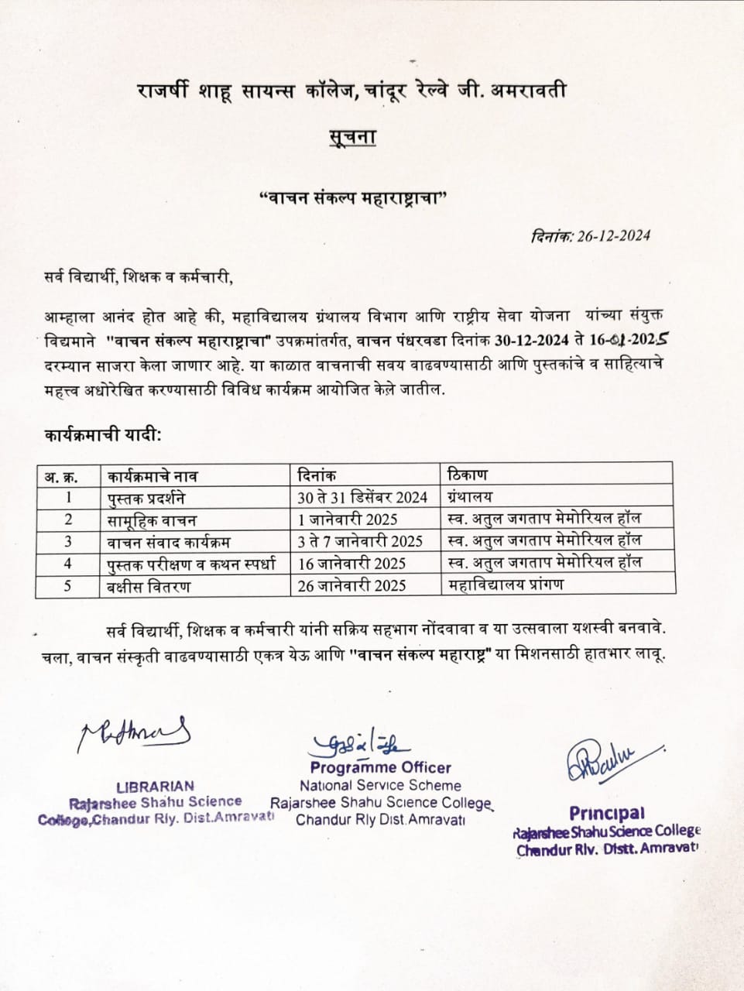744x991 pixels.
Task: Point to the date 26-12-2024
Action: point(613,236)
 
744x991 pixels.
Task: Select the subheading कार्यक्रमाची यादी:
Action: point(103,435)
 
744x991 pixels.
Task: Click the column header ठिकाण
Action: point(468,474)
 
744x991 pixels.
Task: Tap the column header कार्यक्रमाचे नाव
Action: point(153,475)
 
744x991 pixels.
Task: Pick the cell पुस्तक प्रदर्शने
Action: point(146,497)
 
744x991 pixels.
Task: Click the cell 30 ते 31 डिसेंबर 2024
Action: point(362,497)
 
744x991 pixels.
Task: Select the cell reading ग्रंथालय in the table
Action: point(471,496)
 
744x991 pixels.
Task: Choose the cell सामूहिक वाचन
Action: point(152,520)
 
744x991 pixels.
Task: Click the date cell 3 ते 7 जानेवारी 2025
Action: point(360,541)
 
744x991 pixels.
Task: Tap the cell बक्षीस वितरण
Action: point(149,586)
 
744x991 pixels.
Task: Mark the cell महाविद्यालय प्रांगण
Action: point(506,585)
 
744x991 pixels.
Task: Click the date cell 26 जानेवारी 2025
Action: point(351,586)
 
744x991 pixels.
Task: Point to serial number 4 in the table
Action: point(68,564)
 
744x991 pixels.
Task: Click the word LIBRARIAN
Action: point(155,786)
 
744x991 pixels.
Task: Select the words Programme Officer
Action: point(380,767)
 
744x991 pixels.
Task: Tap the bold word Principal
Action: point(607,813)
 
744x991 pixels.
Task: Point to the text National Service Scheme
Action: point(380,785)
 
